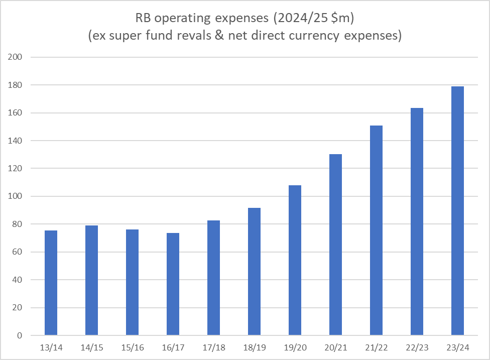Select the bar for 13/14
[x=51, y=283]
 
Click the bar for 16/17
[x=173, y=284]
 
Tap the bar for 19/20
[x=295, y=260]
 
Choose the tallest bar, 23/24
[x=457, y=211]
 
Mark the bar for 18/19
[x=254, y=272]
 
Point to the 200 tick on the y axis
[x=16, y=57]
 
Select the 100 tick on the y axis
[x=16, y=196]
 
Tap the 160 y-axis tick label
[x=16, y=113]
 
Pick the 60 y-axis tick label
[x=18, y=252]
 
